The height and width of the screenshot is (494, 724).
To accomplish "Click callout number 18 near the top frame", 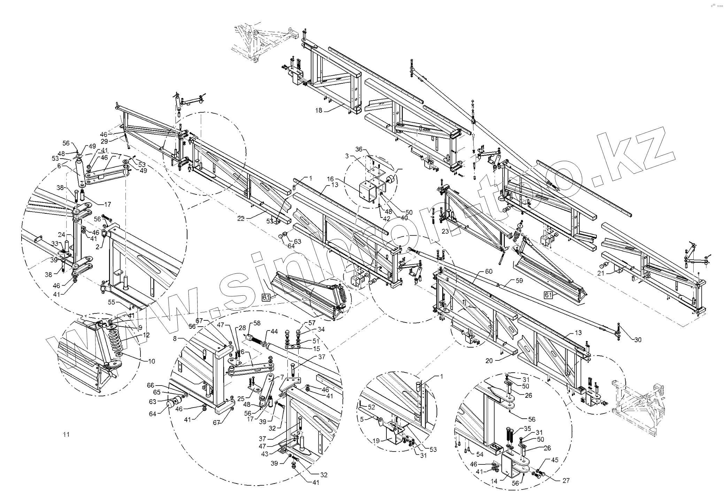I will (318, 111).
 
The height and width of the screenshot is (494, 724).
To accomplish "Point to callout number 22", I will (241, 219).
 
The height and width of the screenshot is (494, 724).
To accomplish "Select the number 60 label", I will (489, 271).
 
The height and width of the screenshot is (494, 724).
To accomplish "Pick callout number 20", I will (489, 361).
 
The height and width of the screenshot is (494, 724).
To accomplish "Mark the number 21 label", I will (600, 273).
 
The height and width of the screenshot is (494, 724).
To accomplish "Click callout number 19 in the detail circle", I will (376, 440).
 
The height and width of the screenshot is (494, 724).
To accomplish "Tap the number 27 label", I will (566, 480).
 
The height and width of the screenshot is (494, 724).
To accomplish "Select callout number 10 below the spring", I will (152, 361).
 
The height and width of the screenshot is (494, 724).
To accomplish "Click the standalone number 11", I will (66, 434).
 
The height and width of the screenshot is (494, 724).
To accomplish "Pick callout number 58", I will (257, 323).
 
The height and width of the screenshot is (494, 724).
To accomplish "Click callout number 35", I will (527, 428).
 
